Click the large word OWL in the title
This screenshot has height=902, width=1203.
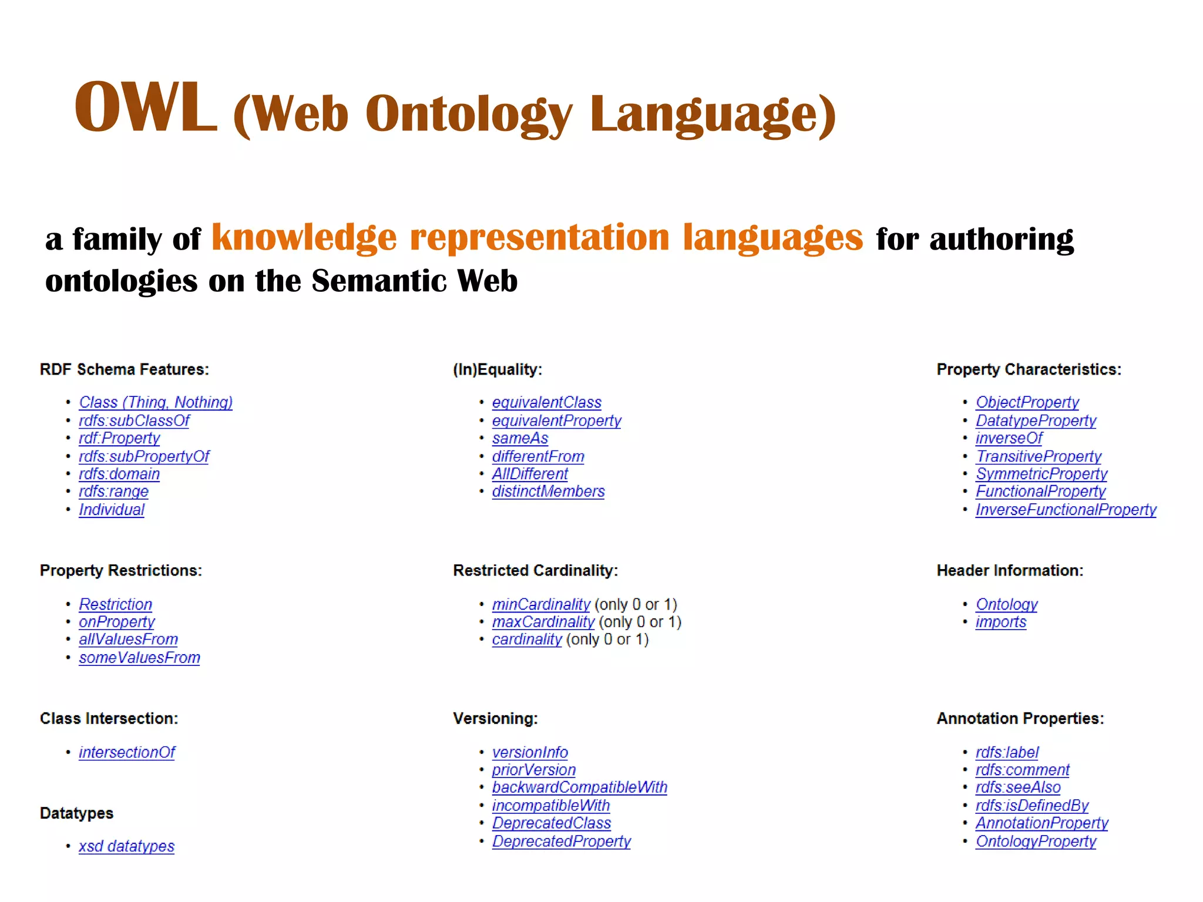pos(145,107)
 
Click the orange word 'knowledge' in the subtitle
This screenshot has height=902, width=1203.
pos(304,238)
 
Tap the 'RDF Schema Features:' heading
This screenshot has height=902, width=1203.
pos(124,369)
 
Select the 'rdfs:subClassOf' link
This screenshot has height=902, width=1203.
pos(134,420)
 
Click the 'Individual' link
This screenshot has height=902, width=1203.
pos(112,510)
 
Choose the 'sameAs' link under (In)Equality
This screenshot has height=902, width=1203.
pos(520,438)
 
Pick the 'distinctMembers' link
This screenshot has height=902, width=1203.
pos(548,492)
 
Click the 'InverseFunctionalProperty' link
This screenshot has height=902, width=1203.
pos(1066,510)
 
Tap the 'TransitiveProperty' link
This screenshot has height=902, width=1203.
pos(1039,456)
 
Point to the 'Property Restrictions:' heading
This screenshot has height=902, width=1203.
pos(120,571)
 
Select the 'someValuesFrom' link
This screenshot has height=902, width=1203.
pos(139,658)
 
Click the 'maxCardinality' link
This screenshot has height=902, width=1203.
pos(543,622)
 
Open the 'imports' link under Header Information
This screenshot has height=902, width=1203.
pos(1000,622)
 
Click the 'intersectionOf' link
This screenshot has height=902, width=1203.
pos(127,752)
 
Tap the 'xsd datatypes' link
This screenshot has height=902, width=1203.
pos(126,846)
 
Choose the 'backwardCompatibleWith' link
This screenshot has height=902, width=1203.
pos(579,787)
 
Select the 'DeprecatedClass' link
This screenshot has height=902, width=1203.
pos(551,823)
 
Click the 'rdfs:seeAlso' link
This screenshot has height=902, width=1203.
pos(1018,787)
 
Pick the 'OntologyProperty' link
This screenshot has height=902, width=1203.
pos(1036,842)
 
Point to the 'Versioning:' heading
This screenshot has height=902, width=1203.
pos(495,719)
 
